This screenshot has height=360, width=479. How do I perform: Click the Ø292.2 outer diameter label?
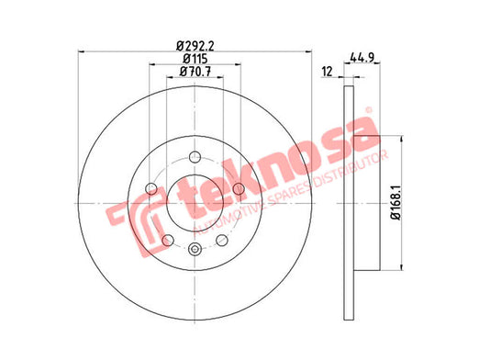195,46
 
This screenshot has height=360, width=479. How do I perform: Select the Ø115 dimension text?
195,59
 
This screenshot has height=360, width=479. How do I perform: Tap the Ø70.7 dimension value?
195,72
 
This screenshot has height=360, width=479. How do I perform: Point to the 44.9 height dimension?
362,57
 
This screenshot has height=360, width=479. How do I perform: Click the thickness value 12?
327,72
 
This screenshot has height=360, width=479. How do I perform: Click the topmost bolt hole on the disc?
195,157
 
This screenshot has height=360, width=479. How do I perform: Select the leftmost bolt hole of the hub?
150,189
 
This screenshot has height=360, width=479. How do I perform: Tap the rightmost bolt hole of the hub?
239,189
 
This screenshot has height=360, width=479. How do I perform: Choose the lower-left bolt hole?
168,240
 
